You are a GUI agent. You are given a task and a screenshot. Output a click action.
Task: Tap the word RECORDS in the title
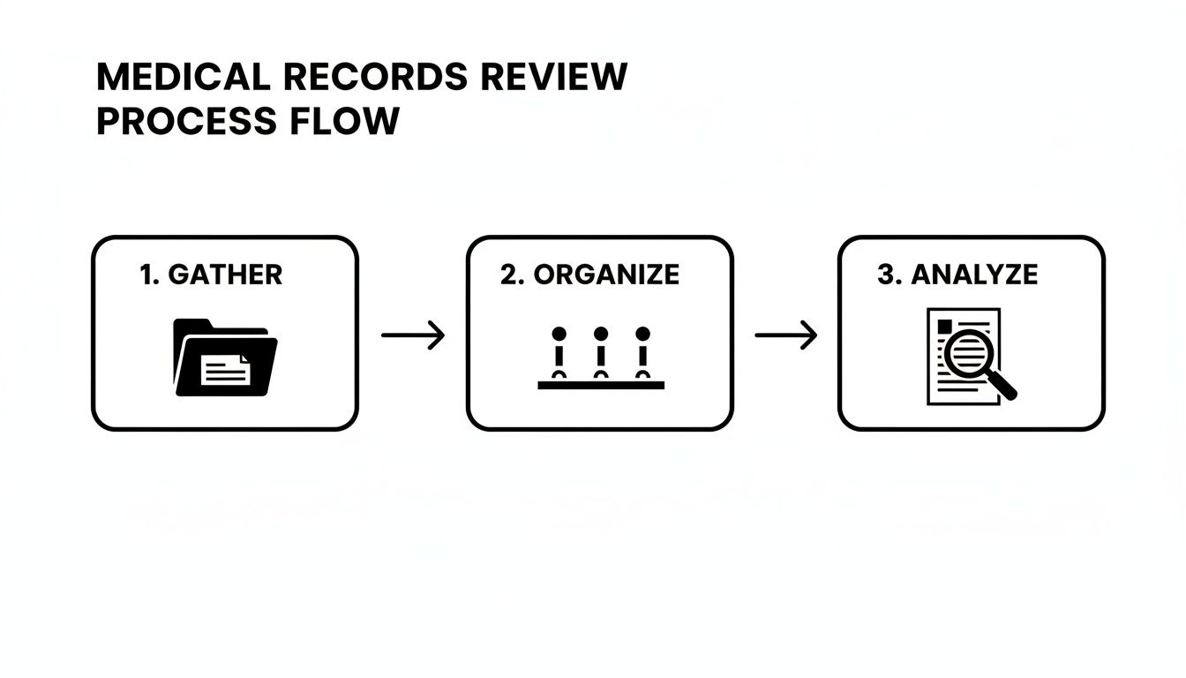[x=376, y=78]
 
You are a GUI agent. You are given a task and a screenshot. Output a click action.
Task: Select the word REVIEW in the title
[x=554, y=78]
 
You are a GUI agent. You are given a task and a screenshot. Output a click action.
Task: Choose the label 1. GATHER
[x=211, y=275]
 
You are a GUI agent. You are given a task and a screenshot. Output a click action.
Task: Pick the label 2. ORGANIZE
[x=589, y=275]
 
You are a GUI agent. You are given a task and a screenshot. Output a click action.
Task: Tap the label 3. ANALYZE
[x=957, y=275]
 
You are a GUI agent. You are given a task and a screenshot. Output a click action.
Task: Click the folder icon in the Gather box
[x=225, y=357]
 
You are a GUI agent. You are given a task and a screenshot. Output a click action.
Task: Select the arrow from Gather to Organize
[x=412, y=335]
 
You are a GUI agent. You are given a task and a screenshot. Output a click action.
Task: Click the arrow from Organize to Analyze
[x=785, y=335]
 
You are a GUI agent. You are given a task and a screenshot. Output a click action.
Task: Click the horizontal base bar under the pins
[x=601, y=385]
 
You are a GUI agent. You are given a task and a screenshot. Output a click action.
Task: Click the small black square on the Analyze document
[x=944, y=326]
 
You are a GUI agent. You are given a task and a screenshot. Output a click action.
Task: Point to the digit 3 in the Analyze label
[x=885, y=275]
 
